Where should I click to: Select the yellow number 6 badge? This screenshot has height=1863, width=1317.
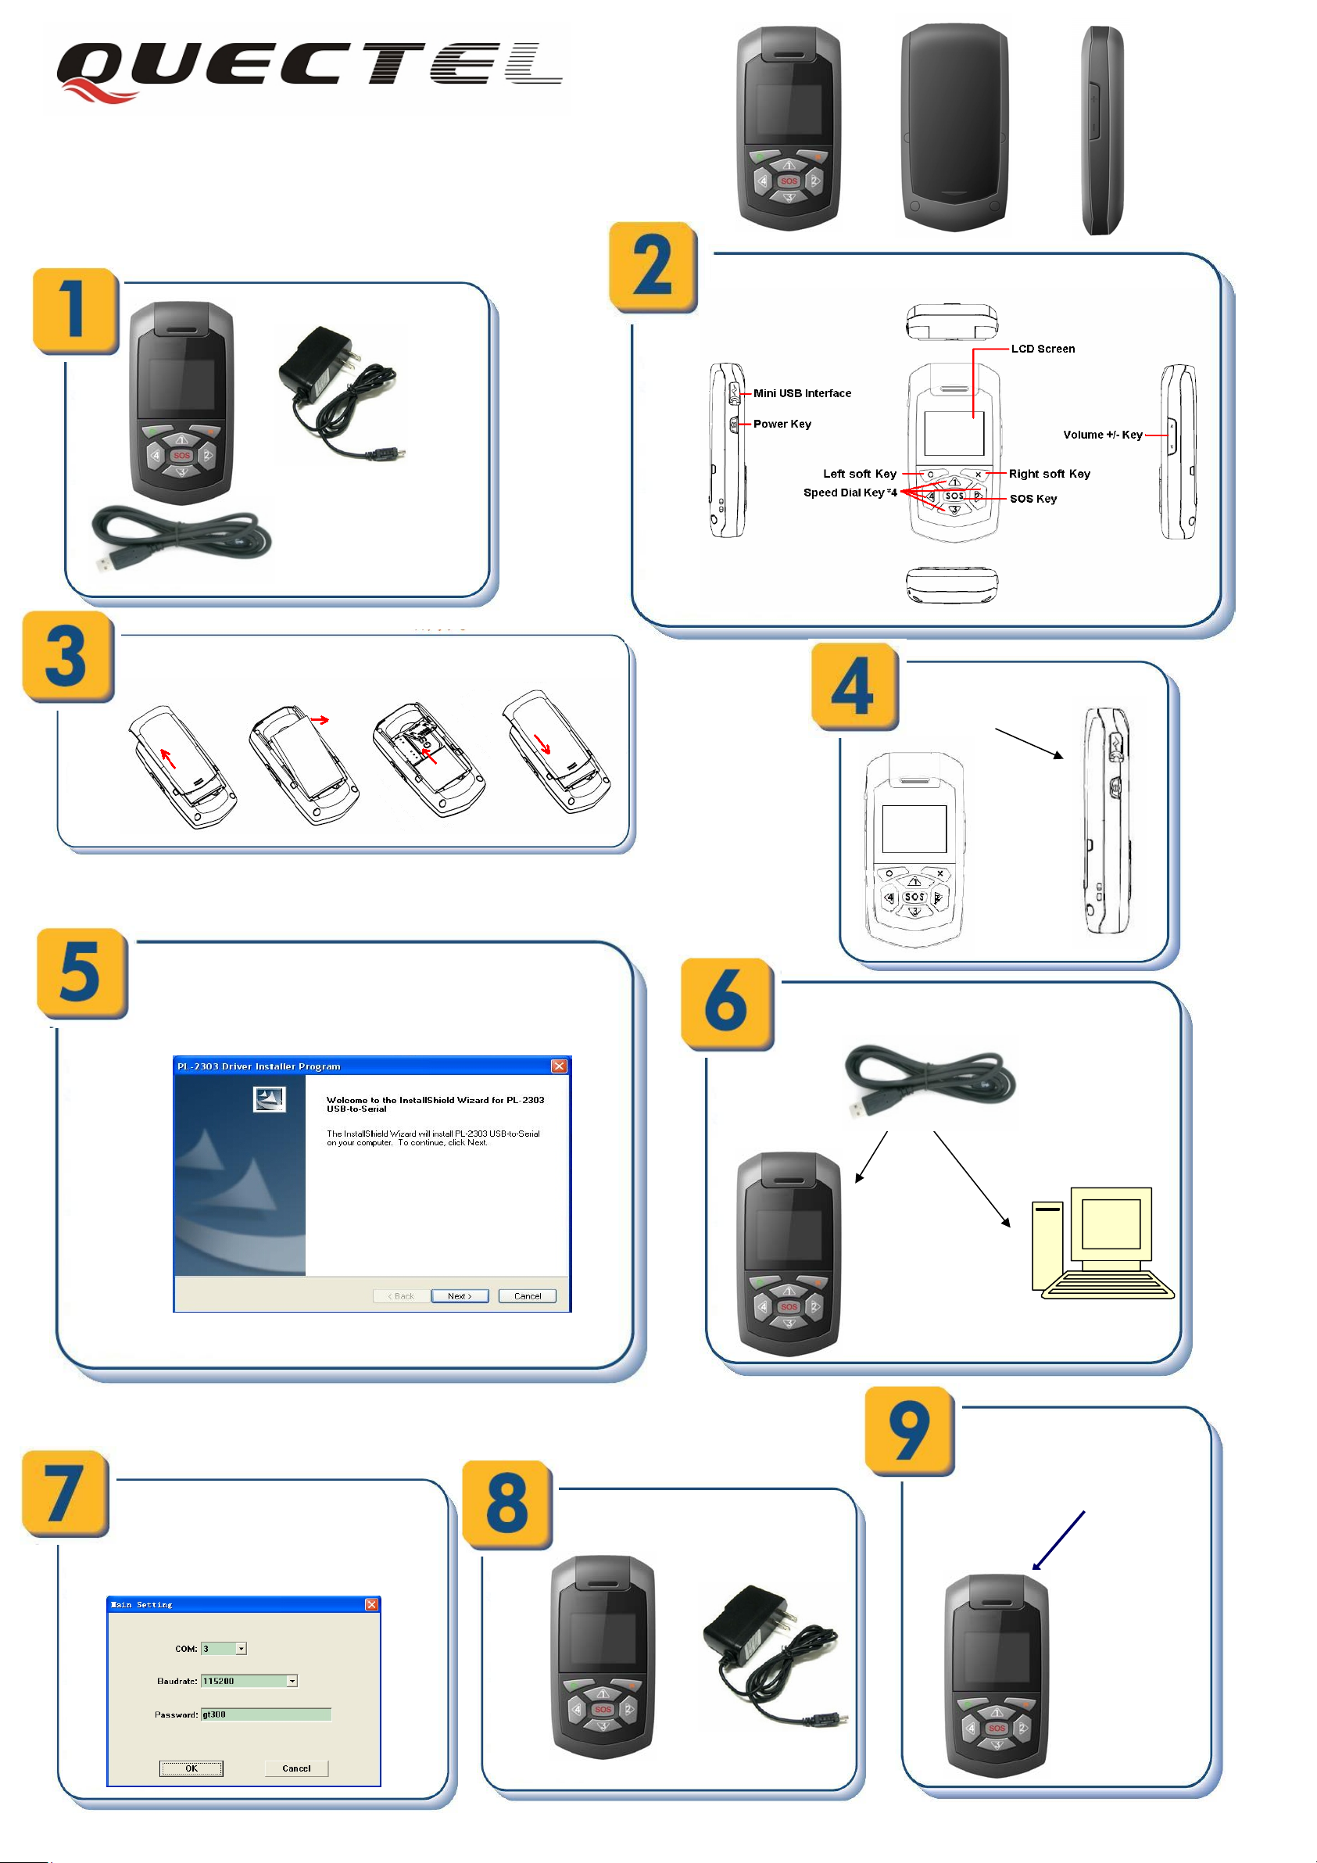tap(726, 1003)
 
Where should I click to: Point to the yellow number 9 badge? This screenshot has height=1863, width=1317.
tap(909, 1430)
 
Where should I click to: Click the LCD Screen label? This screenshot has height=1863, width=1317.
tap(1042, 349)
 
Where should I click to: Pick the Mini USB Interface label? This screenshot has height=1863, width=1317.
tap(802, 393)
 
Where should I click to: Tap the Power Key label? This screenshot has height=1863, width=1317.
tap(782, 425)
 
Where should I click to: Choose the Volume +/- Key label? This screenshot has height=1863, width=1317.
tap(1102, 435)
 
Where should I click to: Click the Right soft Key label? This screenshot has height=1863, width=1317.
tap(1048, 474)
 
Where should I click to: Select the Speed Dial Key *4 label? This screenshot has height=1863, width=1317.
tap(850, 493)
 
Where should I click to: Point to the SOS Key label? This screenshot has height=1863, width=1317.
tap(1032, 499)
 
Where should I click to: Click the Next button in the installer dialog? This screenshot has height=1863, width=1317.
tap(460, 1296)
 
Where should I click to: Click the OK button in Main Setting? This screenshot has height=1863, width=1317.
tap(191, 1768)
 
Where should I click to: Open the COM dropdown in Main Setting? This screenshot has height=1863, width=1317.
tap(241, 1649)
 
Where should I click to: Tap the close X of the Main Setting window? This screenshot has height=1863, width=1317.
tap(371, 1604)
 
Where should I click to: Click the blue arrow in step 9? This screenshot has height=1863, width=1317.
tap(1058, 1541)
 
